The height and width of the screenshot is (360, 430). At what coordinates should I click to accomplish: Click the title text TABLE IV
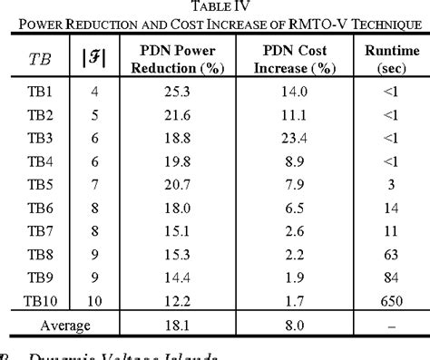point(215,7)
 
